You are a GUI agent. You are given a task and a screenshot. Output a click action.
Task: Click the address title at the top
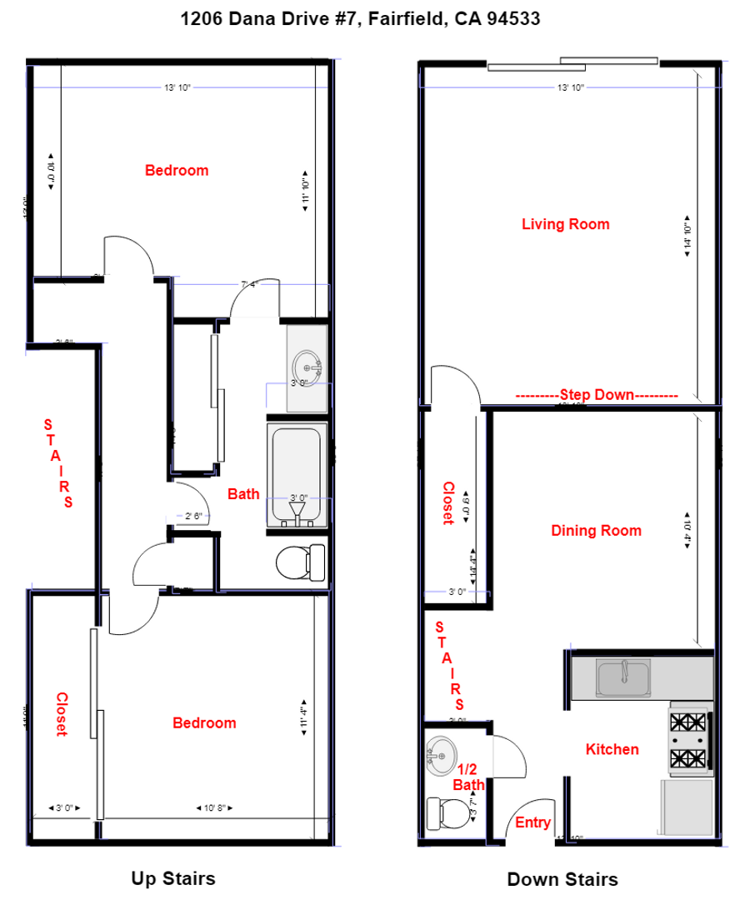(361, 18)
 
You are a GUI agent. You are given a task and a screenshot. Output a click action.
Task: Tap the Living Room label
(565, 224)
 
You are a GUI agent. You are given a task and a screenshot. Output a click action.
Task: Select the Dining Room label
(596, 531)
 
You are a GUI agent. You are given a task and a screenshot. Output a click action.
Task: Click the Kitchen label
(612, 749)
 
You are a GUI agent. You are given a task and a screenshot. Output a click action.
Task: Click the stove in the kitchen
(688, 738)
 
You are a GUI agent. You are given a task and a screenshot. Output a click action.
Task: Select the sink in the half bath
(438, 754)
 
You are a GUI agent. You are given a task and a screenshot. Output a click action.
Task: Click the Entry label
(532, 823)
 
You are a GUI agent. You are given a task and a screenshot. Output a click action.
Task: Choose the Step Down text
(596, 395)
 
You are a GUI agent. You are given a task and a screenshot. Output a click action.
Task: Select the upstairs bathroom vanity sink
(307, 366)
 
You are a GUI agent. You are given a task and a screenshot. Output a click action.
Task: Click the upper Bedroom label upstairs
(177, 170)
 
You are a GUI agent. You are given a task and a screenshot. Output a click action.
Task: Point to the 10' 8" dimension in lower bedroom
(214, 807)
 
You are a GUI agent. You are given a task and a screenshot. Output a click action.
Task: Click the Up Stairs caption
(173, 877)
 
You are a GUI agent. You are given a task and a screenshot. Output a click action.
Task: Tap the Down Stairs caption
(562, 879)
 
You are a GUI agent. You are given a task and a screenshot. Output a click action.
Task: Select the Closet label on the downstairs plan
(447, 502)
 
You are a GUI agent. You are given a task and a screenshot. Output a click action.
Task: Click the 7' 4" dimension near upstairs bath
(250, 284)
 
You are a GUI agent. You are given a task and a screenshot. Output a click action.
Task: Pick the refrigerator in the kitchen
(687, 805)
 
